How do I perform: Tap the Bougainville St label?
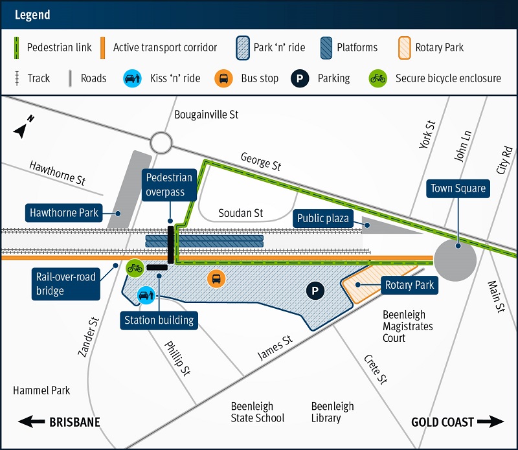click(x=207, y=115)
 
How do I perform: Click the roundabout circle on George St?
click(x=159, y=143)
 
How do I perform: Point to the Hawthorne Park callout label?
click(x=64, y=212)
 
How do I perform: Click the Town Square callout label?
click(x=458, y=189)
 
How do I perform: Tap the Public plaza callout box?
click(x=322, y=218)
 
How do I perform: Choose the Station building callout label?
click(x=159, y=319)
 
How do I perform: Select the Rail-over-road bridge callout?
click(x=66, y=284)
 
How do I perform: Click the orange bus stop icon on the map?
click(x=216, y=279)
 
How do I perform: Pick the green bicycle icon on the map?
click(x=135, y=267)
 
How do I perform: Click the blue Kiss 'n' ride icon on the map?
click(x=144, y=295)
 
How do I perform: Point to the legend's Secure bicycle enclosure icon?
click(x=377, y=78)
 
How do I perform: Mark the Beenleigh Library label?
click(x=332, y=412)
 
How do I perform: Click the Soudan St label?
click(x=240, y=213)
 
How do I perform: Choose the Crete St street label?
click(x=375, y=370)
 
